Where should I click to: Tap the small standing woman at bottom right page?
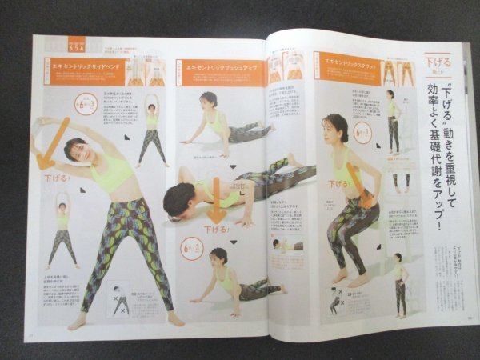coord(398,284)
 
